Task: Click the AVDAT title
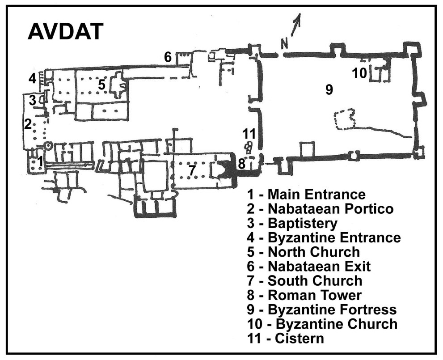66,31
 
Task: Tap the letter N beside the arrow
284,44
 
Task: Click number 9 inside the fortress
329,89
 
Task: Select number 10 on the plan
359,73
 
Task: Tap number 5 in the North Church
101,85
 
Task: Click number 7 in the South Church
192,170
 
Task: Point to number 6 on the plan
168,57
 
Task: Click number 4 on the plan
33,78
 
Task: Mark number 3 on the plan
33,100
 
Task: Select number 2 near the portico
28,124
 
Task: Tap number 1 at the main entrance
40,161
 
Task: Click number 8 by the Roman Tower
241,164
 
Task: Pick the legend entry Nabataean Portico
320,209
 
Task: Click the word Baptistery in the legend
302,223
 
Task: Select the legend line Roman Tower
304,295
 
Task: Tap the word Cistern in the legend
299,338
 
